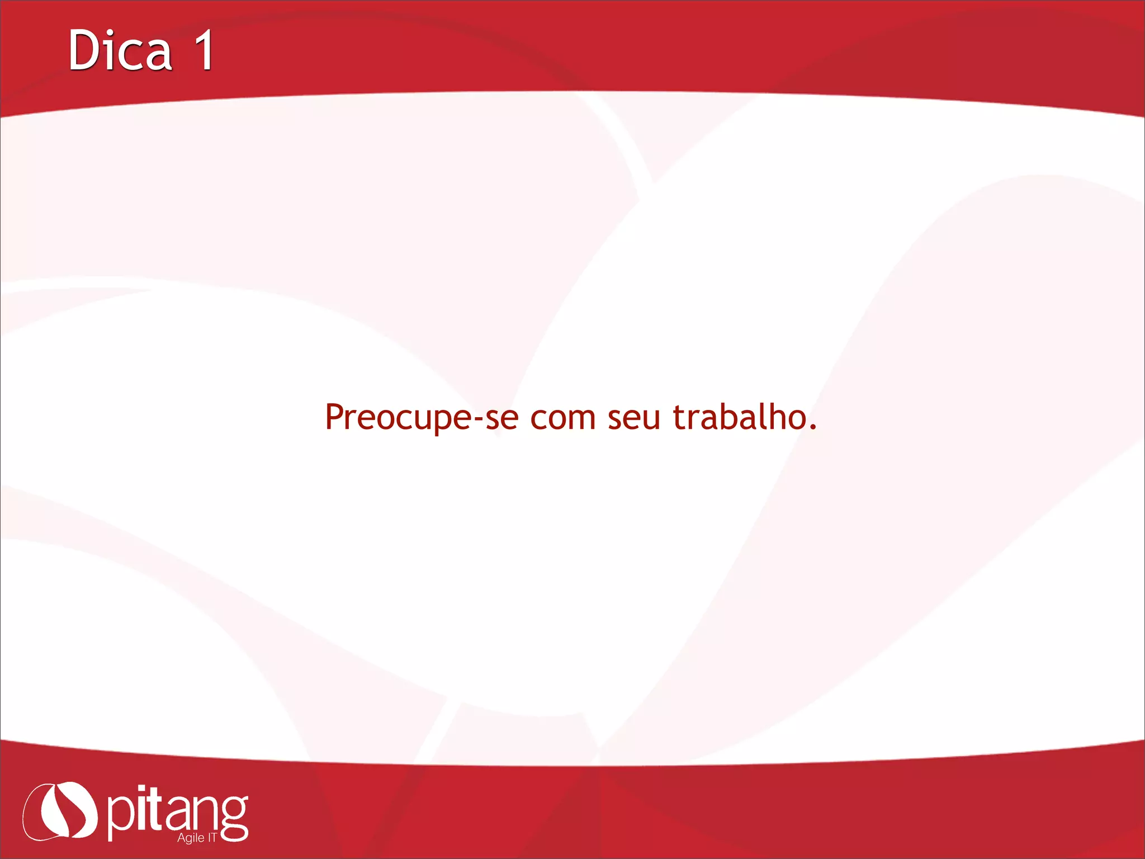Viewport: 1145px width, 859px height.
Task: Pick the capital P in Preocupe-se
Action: coord(334,417)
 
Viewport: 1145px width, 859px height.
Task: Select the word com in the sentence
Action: coord(562,418)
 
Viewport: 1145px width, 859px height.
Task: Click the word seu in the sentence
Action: coord(634,418)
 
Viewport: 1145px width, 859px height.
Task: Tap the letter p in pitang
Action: coord(120,818)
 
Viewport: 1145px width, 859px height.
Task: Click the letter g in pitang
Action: coord(234,818)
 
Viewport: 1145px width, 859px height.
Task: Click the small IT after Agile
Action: coord(212,837)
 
